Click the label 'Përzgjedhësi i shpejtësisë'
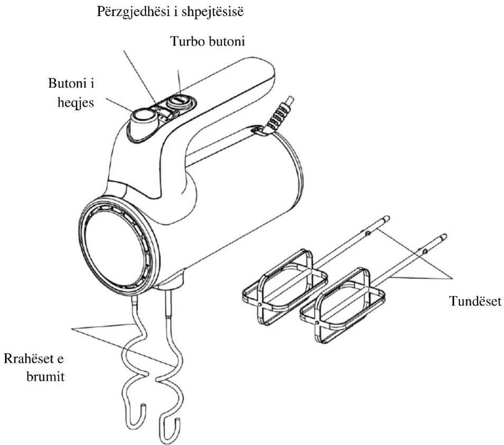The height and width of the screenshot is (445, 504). (x=170, y=12)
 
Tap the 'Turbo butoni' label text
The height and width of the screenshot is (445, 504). (x=207, y=41)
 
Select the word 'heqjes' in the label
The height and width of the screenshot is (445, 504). (x=76, y=103)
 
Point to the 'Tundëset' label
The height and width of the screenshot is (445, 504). (x=475, y=301)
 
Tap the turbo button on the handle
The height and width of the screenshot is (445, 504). (x=179, y=101)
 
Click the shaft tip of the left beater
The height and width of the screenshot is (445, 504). (x=386, y=219)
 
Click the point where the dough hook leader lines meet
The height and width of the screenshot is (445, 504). (x=72, y=329)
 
